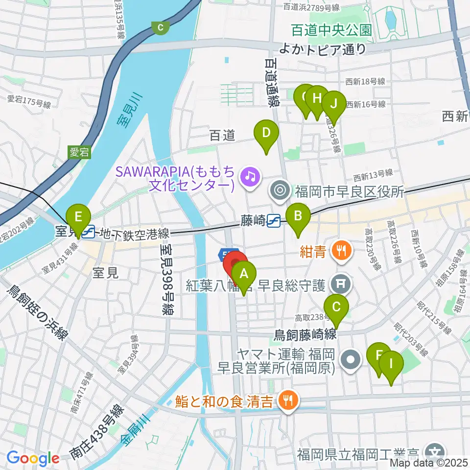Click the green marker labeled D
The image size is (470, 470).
click(x=266, y=133)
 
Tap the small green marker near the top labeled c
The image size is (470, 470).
click(x=160, y=27)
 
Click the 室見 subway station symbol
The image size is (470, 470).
click(x=89, y=232)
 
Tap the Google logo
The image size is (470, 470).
click(x=33, y=458)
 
